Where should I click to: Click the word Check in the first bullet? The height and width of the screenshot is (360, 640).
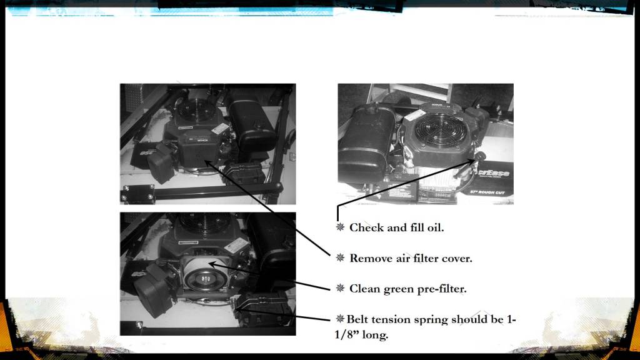point(366,227)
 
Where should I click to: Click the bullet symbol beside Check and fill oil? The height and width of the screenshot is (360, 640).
point(340,227)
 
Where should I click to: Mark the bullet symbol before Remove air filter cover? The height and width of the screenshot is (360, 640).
point(340,257)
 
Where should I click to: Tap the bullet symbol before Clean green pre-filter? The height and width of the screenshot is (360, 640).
point(340,288)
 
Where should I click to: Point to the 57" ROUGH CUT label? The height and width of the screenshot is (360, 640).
point(487,192)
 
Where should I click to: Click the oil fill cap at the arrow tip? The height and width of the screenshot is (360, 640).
point(480,156)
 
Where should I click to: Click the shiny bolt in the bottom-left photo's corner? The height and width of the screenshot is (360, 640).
point(139,325)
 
